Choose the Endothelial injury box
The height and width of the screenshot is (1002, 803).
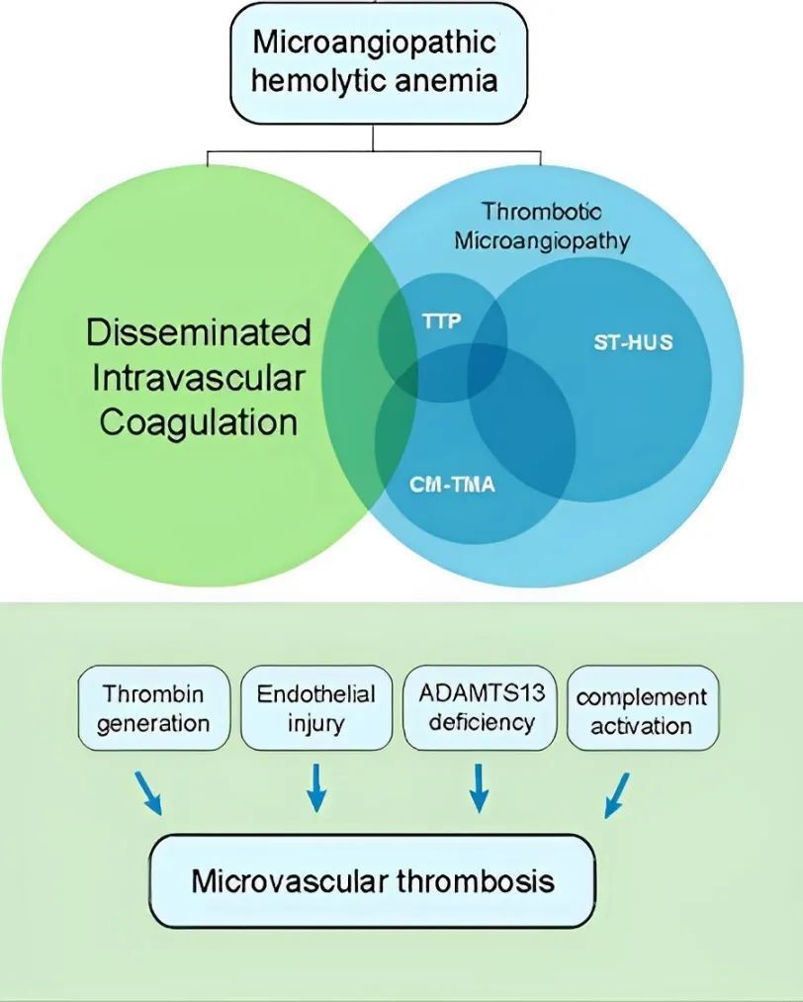[316, 708]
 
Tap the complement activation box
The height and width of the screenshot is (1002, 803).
[642, 710]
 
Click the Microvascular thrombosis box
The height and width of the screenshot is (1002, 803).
[373, 879]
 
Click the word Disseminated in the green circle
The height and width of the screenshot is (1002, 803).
[199, 332]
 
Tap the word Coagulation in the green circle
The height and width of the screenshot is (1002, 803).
[199, 422]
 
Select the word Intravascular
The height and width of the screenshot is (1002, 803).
[199, 378]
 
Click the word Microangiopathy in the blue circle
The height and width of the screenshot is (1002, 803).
[542, 240]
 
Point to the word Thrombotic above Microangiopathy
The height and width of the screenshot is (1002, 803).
[541, 211]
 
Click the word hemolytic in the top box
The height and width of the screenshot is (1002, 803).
[309, 79]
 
